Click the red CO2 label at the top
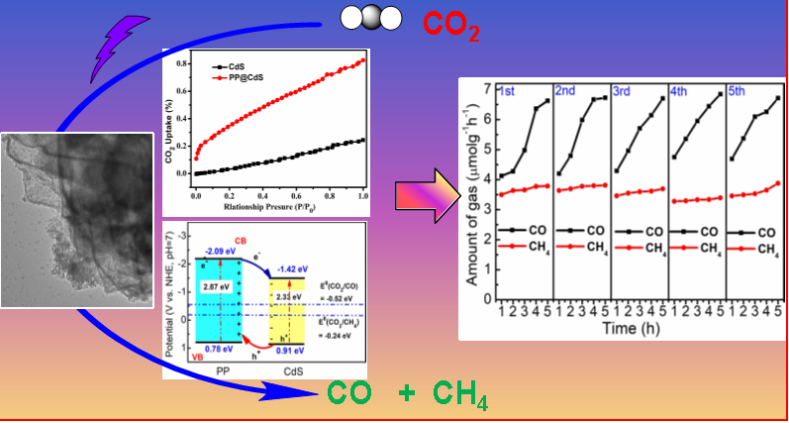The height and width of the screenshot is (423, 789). [450, 24]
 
